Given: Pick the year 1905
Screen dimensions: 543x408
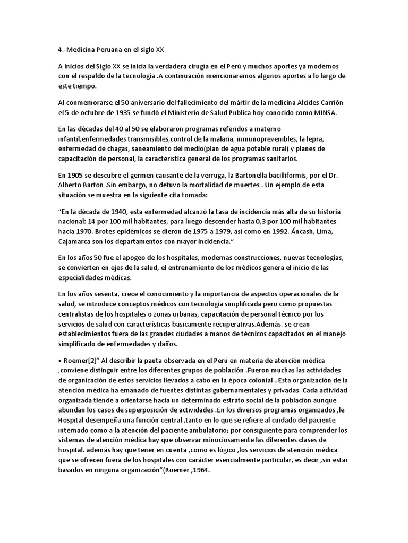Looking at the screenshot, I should click(75, 176).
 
